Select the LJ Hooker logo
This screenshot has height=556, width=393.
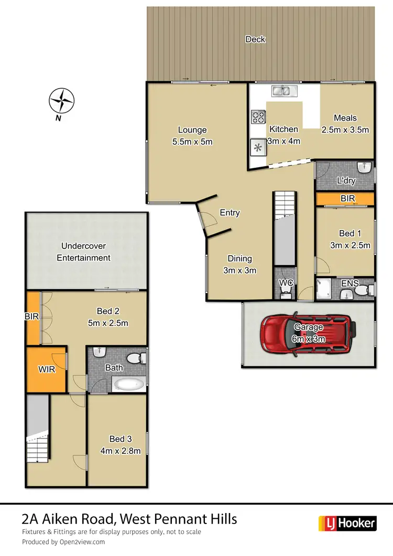point(347,522)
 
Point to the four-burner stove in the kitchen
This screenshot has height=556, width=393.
point(258,116)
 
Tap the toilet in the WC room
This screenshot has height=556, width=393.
point(286,292)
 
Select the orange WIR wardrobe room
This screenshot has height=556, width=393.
point(46,369)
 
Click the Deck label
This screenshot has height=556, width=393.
point(255,39)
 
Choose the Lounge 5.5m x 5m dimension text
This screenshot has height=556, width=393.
point(192,141)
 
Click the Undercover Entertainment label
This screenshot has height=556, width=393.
point(84,252)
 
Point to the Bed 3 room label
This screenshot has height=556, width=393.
point(117,439)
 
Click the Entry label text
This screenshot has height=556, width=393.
point(230,212)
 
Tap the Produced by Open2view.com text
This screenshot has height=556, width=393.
point(63,542)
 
